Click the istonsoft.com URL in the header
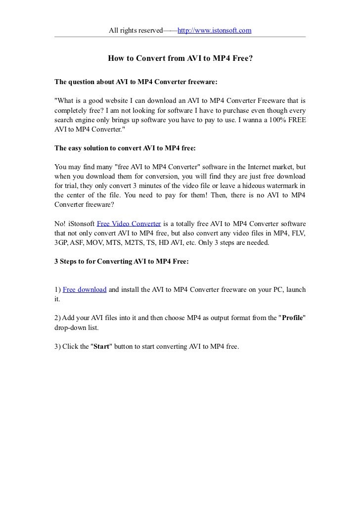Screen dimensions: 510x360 214,31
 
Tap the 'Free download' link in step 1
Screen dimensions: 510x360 85,289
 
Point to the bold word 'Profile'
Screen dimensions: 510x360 292,317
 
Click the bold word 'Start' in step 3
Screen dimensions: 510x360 101,347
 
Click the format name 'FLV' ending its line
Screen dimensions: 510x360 298,232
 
